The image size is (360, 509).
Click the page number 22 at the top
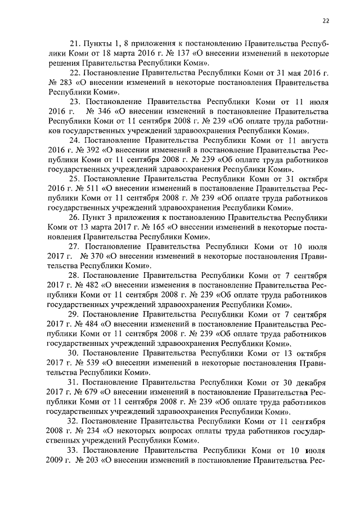pyautogui.click(x=326, y=21)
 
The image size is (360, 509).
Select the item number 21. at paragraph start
pyautogui.click(x=75, y=43)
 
